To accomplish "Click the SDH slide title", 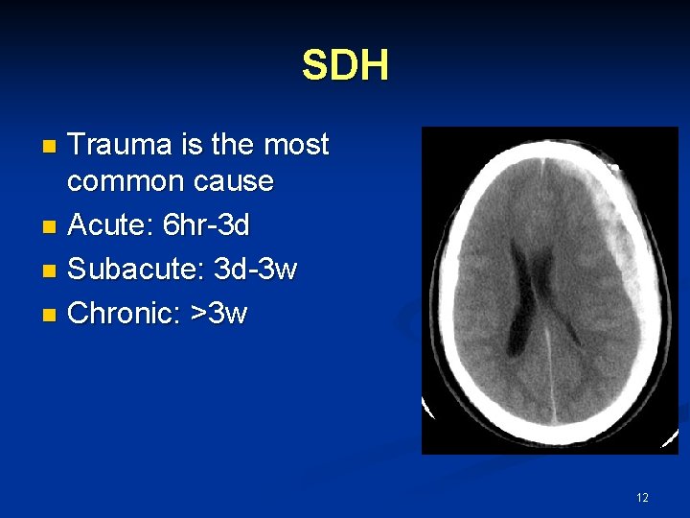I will (345, 66).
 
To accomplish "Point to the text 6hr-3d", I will (206, 226).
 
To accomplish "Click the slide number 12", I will (642, 497).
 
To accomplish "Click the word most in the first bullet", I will (296, 145).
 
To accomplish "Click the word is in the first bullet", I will (190, 145).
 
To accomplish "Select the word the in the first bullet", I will (232, 145).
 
